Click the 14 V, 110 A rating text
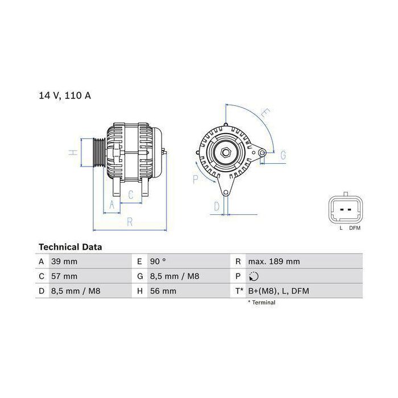click(65, 96)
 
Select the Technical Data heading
click(71, 247)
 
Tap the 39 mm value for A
click(64, 262)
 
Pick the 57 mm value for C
click(64, 276)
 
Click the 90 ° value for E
click(157, 262)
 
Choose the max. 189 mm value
click(274, 262)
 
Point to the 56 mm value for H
click(163, 291)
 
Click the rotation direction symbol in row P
click(254, 276)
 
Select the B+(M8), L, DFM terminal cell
click(279, 291)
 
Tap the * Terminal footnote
click(262, 302)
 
